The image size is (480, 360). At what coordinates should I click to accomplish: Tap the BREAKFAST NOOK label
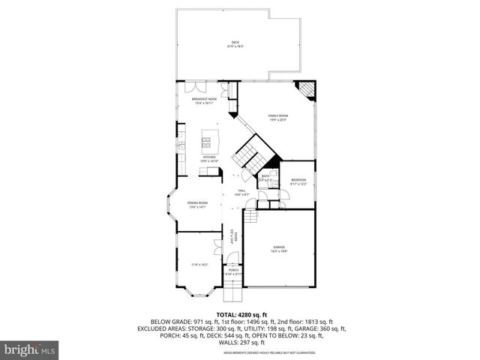[x=204, y=100]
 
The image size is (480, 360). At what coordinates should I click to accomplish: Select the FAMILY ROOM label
[x=278, y=115]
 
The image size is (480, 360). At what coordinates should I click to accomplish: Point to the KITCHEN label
[x=208, y=157]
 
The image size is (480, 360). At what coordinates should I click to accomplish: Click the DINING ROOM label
[x=198, y=203]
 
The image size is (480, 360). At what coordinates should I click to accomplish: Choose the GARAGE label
[x=278, y=247]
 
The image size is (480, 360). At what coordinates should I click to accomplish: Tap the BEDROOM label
[x=298, y=180]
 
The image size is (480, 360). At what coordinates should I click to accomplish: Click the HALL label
[x=241, y=192]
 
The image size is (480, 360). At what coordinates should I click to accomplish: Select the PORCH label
[x=233, y=270]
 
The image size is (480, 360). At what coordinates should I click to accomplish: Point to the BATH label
[x=265, y=176]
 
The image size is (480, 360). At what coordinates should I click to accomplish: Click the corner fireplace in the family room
[x=307, y=90]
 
